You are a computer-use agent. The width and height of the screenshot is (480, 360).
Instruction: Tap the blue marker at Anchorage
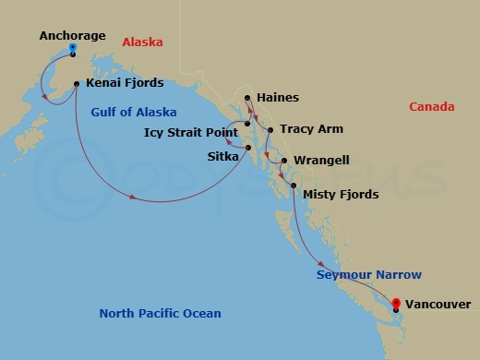coord(73,49)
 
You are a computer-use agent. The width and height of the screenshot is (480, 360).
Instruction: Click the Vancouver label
coord(438,304)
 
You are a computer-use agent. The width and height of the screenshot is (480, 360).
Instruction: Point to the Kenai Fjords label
coord(125,83)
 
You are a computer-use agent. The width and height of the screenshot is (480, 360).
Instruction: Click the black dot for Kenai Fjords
coord(77,84)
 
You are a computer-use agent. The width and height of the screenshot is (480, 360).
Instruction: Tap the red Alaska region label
coord(141,42)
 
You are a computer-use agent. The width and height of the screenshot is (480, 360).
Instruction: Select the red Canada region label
coord(432,107)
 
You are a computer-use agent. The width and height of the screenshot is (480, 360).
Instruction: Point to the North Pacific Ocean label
coord(160,314)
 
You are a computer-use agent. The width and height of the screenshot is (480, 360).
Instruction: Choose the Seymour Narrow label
coord(369,275)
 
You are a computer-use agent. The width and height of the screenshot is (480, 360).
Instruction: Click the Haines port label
coord(278,97)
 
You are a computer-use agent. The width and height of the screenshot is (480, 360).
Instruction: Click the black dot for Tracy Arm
coord(270,130)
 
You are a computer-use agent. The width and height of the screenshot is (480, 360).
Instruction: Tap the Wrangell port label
coord(321,161)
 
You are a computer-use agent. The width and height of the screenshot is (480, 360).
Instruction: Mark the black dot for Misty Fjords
coord(294,187)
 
